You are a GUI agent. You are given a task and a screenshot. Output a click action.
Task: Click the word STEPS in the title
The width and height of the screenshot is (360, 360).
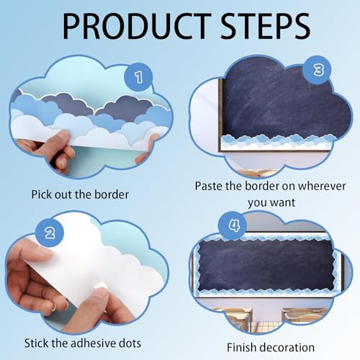[x=266, y=27]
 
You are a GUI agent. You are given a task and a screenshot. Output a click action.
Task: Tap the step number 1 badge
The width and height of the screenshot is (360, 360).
[x=138, y=77]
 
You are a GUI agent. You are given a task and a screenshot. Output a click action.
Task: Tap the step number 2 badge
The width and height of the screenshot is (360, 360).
[x=50, y=233]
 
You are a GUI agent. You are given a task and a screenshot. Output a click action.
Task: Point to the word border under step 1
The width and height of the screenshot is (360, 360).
[x=112, y=194]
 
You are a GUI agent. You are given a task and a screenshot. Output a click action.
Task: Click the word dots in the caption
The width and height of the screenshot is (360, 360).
[x=130, y=343]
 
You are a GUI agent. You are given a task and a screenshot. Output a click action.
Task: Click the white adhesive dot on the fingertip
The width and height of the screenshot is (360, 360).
[x=102, y=286]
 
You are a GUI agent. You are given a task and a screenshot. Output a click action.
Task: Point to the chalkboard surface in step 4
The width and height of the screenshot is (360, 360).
[x=266, y=265]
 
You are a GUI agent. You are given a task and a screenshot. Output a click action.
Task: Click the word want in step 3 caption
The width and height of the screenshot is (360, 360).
[x=283, y=203]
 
